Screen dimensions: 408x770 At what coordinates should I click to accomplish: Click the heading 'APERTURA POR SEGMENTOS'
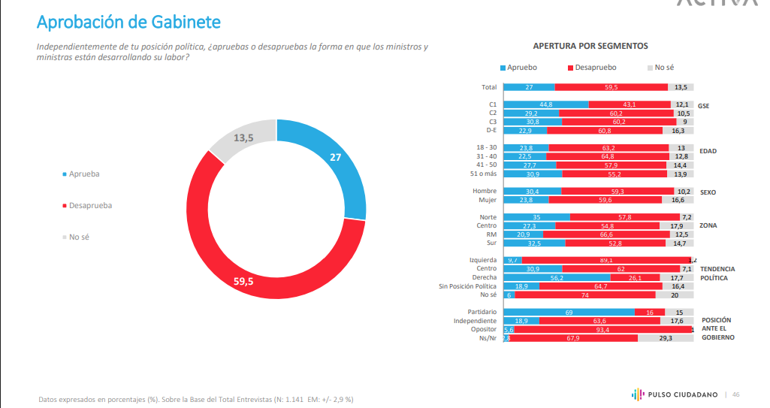click(x=590, y=46)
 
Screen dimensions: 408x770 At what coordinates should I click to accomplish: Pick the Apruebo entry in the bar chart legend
click(x=518, y=68)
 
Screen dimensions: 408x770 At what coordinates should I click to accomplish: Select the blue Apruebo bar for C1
click(x=545, y=104)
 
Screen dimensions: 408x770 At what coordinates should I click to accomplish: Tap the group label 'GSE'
click(x=703, y=106)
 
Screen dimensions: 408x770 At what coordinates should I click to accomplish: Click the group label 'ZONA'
click(x=708, y=225)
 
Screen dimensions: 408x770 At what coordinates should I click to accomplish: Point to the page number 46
click(x=736, y=394)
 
